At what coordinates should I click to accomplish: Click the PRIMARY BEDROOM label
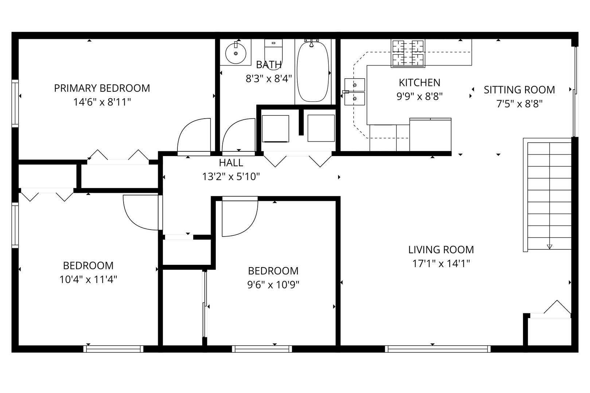point(102,88)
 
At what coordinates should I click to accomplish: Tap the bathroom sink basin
point(236,53)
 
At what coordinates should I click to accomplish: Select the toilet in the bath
point(273,54)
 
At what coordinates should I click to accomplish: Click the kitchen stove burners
point(408,53)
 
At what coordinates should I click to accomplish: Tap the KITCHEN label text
point(419,83)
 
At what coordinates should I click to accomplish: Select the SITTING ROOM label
point(519,90)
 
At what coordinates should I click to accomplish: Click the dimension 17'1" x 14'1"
point(441,263)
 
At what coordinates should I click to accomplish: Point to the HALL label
point(231,163)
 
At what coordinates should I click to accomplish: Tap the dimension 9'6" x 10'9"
point(273,285)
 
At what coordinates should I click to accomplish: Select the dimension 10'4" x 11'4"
point(88,279)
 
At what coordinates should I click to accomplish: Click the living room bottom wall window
point(438,349)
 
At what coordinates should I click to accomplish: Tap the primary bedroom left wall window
point(15,103)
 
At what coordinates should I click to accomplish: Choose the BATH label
point(269,65)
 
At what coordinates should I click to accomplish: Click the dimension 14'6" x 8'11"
point(102,102)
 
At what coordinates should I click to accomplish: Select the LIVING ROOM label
point(441,250)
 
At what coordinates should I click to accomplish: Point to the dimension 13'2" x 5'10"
point(231,177)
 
